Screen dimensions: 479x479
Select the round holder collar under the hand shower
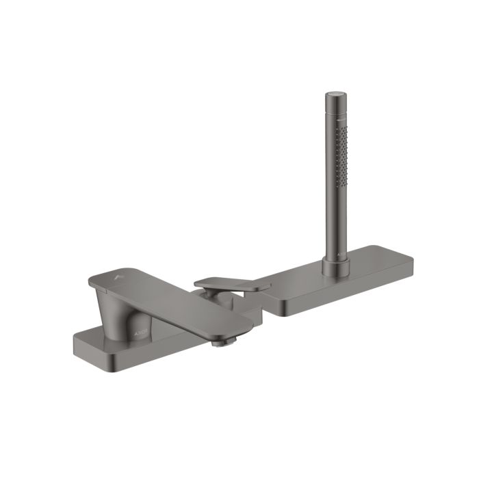[336, 262]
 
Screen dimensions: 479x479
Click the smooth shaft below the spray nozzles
[336, 219]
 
